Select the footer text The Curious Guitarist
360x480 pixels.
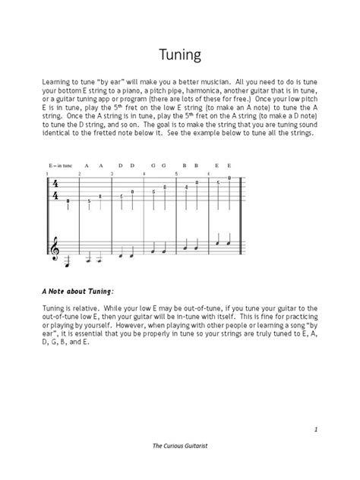coord(179,463)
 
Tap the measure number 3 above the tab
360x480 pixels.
coord(112,173)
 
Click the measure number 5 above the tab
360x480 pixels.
coord(176,173)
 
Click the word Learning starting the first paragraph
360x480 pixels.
coord(57,79)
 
